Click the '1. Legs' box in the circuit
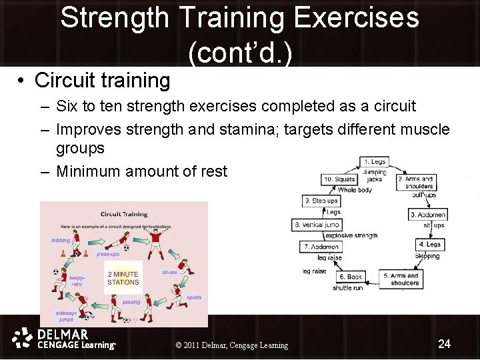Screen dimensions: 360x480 [374, 161]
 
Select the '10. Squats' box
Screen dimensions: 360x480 [337, 179]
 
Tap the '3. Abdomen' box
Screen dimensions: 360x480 [427, 215]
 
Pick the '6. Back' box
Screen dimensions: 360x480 [350, 277]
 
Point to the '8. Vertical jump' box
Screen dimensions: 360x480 [317, 225]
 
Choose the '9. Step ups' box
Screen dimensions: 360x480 [321, 201]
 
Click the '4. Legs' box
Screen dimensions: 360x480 [429, 245]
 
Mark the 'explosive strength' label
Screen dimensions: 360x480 [351, 235]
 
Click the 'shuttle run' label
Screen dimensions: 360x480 [348, 288]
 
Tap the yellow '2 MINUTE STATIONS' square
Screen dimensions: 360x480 [123, 278]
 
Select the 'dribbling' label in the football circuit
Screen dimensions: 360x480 [60, 240]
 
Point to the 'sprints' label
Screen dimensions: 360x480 [193, 297]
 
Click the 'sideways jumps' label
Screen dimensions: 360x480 [66, 316]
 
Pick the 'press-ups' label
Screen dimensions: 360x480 [108, 254]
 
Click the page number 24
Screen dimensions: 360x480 [445, 344]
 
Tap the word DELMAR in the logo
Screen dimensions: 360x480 [63, 334]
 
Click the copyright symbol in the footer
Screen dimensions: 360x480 [178, 345]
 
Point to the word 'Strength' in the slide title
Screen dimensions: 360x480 [115, 18]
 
